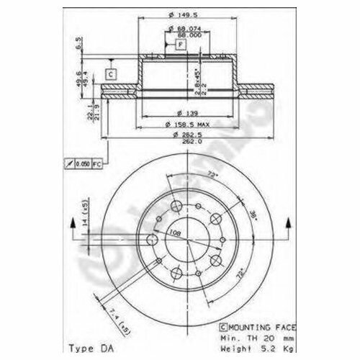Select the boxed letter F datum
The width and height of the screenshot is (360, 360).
[181, 45]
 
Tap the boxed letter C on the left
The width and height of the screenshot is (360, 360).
[112, 73]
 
